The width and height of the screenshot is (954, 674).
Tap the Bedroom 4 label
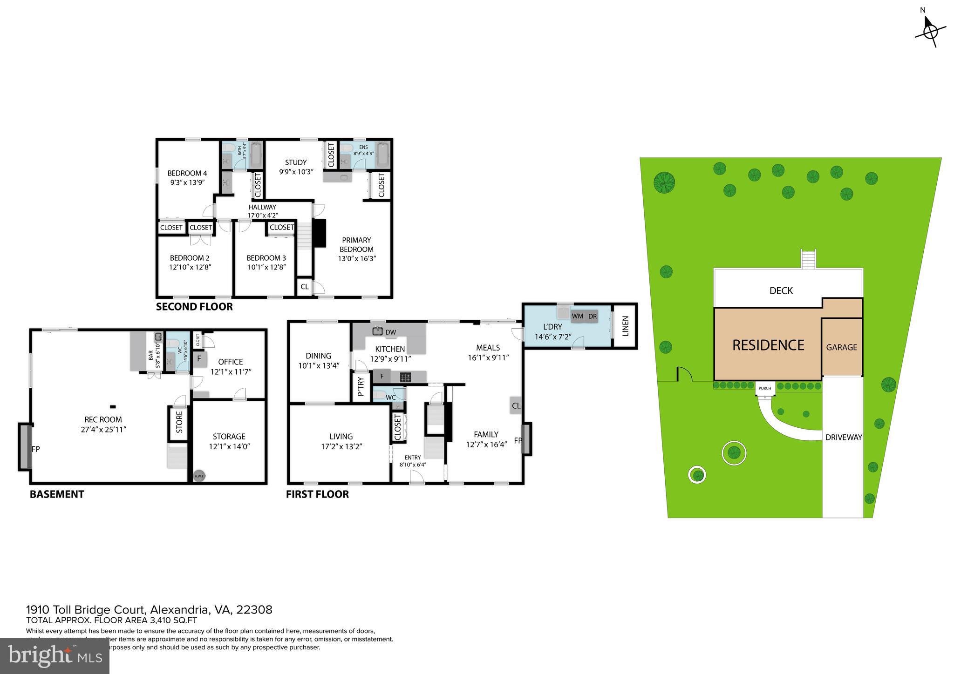point(187,173)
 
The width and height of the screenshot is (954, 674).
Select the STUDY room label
point(296,162)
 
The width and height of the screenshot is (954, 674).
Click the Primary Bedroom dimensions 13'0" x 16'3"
point(357,258)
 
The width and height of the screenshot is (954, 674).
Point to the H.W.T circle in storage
point(199,476)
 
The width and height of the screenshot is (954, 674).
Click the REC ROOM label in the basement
point(103,420)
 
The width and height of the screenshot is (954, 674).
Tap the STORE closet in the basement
point(179,423)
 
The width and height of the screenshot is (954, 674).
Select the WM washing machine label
point(578,316)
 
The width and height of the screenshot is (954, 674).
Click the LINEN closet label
point(625,326)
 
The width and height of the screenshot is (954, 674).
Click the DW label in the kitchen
point(391,332)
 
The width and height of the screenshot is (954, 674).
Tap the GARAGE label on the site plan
point(841,347)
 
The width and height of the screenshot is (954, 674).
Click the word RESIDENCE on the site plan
point(768,345)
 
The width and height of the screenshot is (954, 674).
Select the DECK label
point(781,290)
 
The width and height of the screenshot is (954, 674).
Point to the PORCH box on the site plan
point(764,388)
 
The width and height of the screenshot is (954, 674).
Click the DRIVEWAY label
point(843,437)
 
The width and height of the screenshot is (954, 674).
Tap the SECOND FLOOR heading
point(194,307)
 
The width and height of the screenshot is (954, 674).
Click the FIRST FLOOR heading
point(317,494)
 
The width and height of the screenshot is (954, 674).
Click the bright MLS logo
point(55,656)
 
